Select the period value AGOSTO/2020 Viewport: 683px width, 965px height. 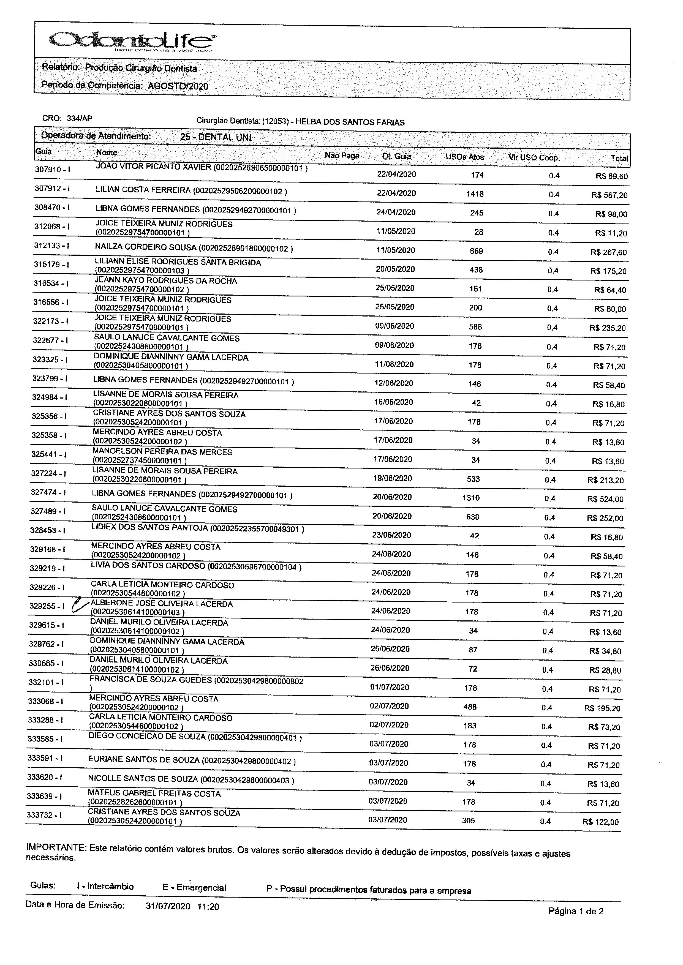[x=178, y=86]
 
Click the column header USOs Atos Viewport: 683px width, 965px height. [x=464, y=157]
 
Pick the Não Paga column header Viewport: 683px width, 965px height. [x=341, y=156]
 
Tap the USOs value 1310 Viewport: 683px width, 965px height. [x=471, y=498]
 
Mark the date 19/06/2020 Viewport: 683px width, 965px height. [x=392, y=478]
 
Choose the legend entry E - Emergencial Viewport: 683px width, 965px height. [x=194, y=888]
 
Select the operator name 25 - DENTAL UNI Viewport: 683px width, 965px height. [x=215, y=137]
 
